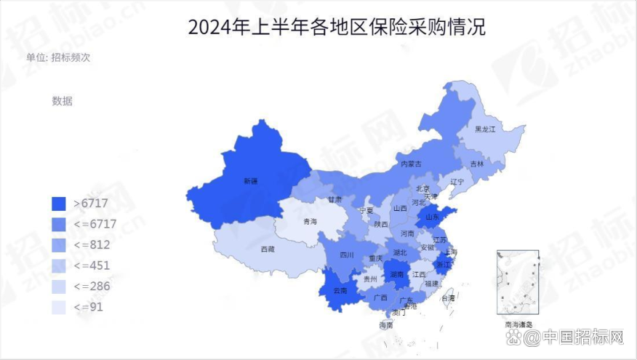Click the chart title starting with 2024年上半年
[336, 28]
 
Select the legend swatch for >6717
[60, 204]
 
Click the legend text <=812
[92, 245]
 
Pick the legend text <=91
[89, 308]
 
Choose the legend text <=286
[92, 287]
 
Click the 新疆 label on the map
[251, 180]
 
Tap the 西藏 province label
[268, 249]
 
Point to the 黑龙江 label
[485, 129]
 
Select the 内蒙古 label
[411, 164]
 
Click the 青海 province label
[310, 221]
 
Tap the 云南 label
[340, 291]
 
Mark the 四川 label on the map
[347, 255]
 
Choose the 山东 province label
[431, 217]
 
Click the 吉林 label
[476, 164]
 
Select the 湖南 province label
[396, 275]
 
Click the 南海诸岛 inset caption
[518, 324]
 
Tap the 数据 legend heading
[63, 101]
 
